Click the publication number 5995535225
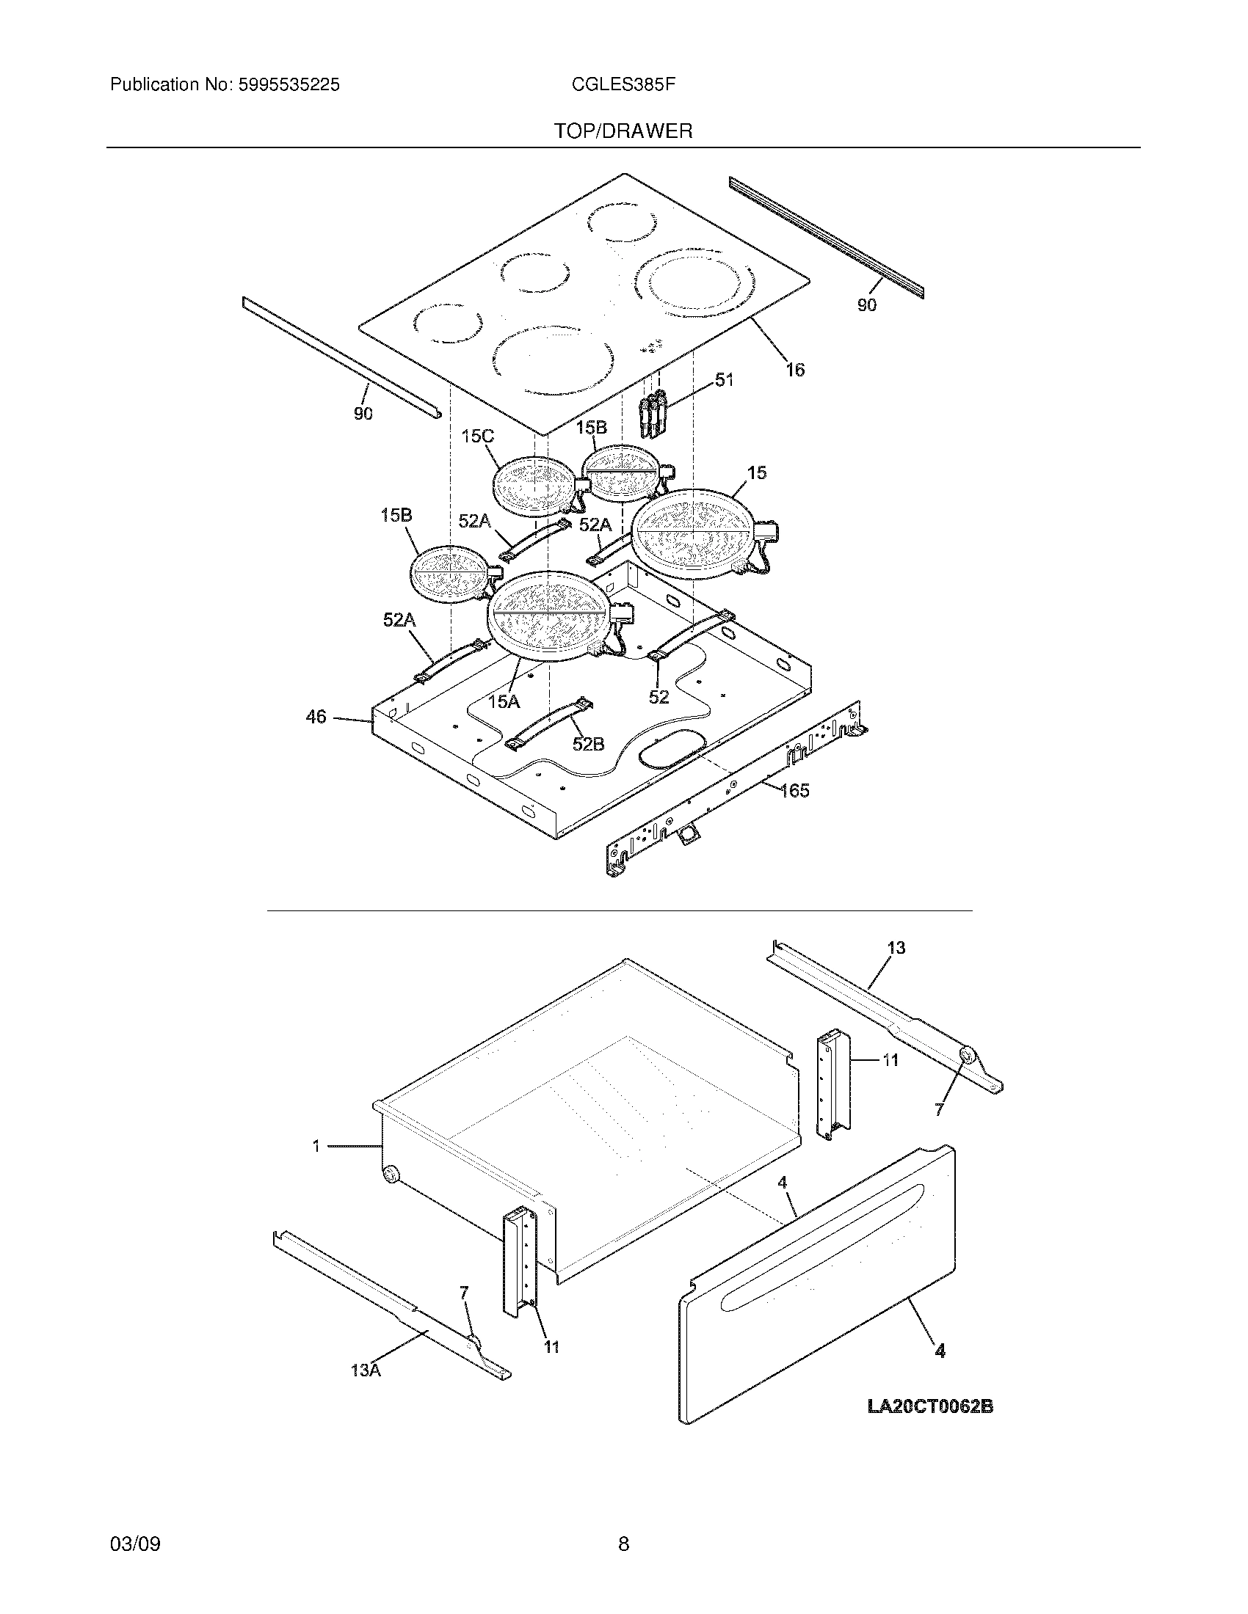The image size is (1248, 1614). tap(289, 85)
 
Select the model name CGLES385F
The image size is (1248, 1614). tap(623, 85)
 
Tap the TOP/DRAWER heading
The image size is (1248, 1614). tap(623, 131)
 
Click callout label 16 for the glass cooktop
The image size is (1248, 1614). tap(795, 370)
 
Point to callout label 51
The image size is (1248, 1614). tap(725, 380)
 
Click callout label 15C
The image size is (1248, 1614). tap(477, 437)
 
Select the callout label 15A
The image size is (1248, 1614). tap(504, 701)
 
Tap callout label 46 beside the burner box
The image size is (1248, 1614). tap(316, 717)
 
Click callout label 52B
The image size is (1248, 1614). tap(588, 744)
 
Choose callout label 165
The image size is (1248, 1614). tap(795, 790)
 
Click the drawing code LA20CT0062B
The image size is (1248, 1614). tap(930, 1406)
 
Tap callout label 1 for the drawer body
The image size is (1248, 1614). tap(316, 1146)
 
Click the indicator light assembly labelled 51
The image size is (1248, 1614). tap(653, 416)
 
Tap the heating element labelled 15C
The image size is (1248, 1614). tap(532, 486)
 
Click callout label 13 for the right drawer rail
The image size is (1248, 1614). tap(896, 947)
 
